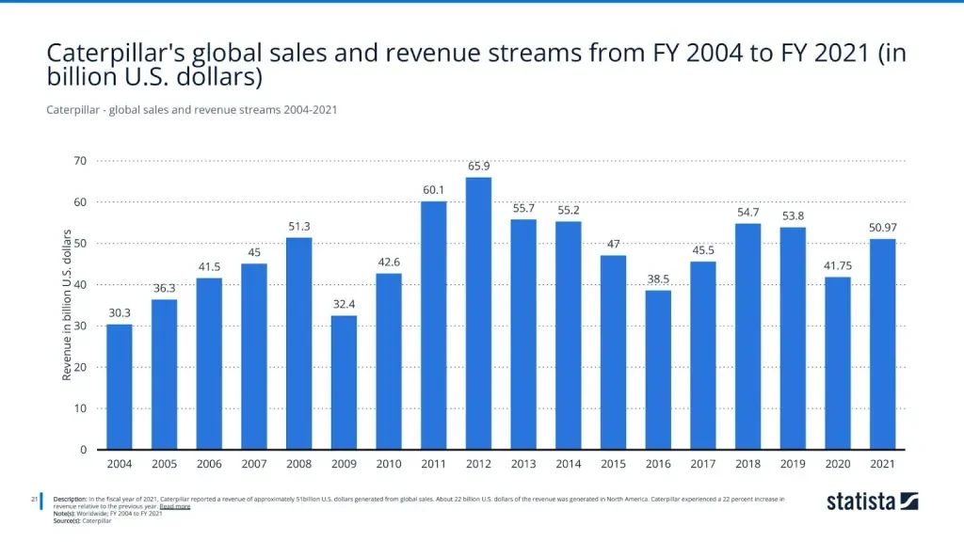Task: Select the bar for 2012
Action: [478, 313]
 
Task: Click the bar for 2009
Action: [344, 382]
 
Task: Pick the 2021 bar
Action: [882, 344]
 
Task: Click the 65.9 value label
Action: [478, 166]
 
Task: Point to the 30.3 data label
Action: [119, 312]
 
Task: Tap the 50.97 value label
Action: [882, 228]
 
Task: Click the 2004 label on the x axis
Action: [119, 464]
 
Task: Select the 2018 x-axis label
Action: [747, 464]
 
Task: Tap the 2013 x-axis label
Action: [523, 464]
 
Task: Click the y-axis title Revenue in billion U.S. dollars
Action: [67, 305]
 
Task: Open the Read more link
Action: [175, 506]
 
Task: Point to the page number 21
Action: [34, 499]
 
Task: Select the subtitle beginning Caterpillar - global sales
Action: [191, 110]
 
